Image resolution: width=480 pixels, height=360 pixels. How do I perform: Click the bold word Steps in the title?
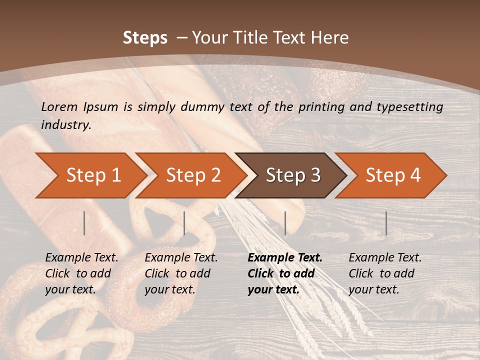click(145, 38)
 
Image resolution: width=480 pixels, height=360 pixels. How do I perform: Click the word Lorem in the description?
click(59, 106)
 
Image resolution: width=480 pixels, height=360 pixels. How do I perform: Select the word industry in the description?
click(66, 125)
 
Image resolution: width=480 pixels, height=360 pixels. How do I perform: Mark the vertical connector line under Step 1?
click(84, 223)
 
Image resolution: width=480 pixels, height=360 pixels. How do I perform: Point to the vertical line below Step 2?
click(184, 223)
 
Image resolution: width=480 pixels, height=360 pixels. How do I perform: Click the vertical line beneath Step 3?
click(285, 223)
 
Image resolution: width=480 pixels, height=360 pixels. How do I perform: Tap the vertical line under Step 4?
click(386, 223)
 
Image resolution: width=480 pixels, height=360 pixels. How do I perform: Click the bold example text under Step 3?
click(284, 273)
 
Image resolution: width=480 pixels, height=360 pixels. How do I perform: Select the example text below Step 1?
click(81, 273)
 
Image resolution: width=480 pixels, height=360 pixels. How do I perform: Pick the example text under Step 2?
click(181, 273)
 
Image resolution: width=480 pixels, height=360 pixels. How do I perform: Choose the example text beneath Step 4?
click(385, 273)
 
